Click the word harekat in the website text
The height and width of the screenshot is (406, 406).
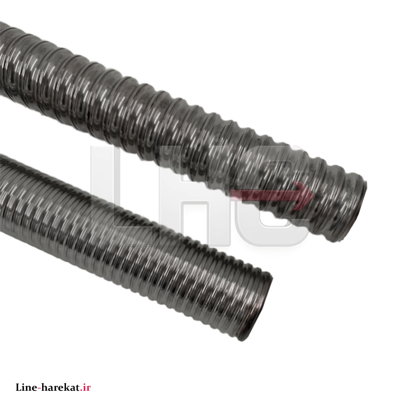60,387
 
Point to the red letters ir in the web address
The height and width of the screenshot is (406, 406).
86,387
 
